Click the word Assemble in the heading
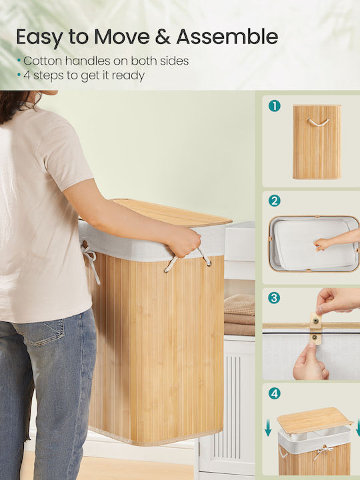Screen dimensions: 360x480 coord(227,37)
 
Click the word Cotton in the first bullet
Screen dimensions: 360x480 coord(43,61)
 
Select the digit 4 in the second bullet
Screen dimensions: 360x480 coord(27,75)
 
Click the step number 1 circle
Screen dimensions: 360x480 coord(274,106)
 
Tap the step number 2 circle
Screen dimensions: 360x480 coord(274,201)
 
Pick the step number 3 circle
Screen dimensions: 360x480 coord(274,298)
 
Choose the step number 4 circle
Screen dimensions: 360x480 coord(274,393)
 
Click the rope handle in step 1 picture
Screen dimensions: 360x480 coord(319,123)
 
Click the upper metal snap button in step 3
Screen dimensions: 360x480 coord(315,321)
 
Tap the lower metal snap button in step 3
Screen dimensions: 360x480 coord(315,337)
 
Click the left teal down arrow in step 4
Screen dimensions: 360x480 coord(268,427)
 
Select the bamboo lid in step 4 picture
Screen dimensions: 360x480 coord(315,420)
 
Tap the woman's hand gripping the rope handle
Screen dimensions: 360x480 coord(183,241)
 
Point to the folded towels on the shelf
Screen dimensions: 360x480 coord(239,315)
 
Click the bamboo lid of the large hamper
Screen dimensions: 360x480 coord(171,213)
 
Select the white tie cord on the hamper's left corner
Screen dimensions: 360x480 coord(90,260)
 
